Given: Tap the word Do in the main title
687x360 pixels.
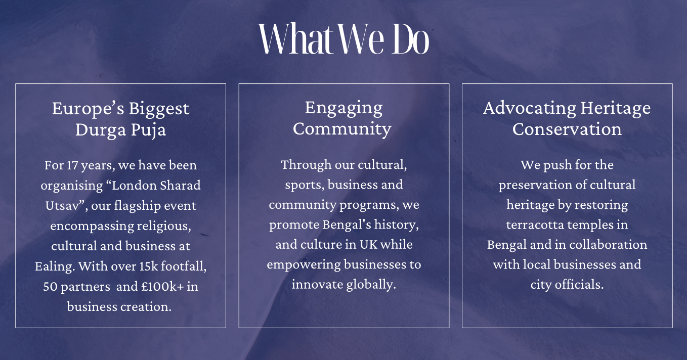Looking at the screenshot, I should [410, 39].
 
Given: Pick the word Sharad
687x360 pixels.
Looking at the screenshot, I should [181, 186].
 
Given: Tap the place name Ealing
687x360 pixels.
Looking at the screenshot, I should [54, 266].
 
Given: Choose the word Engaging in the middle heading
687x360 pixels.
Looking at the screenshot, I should [343, 108].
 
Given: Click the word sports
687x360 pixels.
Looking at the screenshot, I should [304, 185].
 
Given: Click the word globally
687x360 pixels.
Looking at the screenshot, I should [371, 285].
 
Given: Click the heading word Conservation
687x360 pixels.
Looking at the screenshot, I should [567, 129].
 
